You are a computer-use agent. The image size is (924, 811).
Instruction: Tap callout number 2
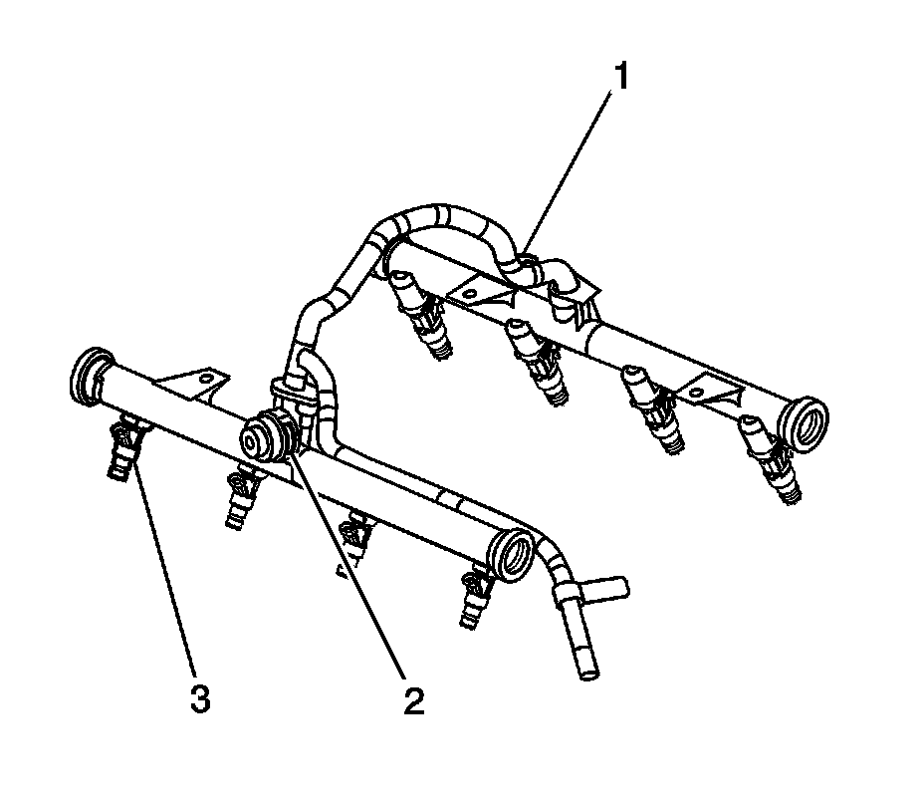click(x=413, y=701)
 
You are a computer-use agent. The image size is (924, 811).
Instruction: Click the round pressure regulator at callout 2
click(x=260, y=435)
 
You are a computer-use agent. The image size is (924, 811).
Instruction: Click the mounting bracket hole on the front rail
click(x=205, y=379)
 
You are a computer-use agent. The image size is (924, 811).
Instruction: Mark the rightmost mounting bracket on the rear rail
click(x=718, y=388)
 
